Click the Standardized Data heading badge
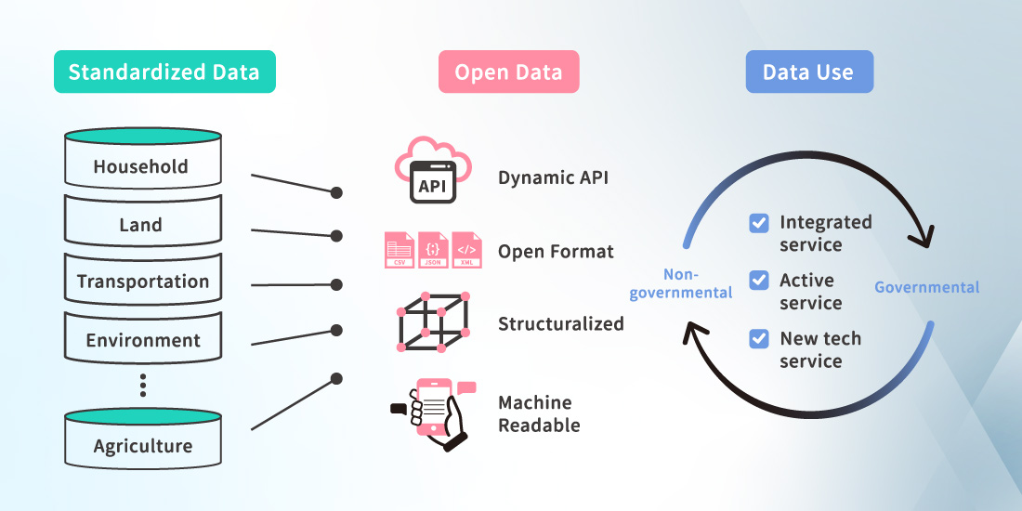(x=164, y=72)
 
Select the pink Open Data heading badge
(x=508, y=72)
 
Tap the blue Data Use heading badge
(x=808, y=72)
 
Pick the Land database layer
(x=142, y=223)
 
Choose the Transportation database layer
(x=142, y=281)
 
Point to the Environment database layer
(x=142, y=339)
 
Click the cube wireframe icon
(x=432, y=321)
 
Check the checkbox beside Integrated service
(x=759, y=223)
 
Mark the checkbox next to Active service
(x=759, y=280)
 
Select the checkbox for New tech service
(x=759, y=338)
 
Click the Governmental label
(x=926, y=287)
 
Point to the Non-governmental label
(x=682, y=283)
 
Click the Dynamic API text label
(x=553, y=177)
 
